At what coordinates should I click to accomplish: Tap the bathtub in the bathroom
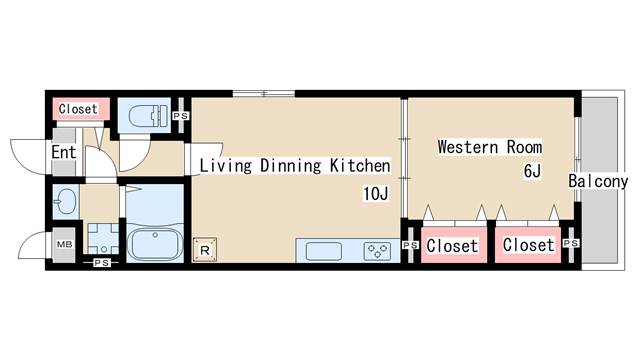[x=155, y=244]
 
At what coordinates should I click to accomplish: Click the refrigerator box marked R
[x=204, y=249]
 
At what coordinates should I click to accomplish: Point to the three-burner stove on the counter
[x=377, y=251]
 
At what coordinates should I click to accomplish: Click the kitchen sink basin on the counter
[x=324, y=251]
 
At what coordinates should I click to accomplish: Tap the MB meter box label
[x=64, y=244]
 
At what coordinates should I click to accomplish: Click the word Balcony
[x=598, y=181]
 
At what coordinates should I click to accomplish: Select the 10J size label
[x=376, y=193]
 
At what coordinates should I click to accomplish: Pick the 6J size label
[x=532, y=171]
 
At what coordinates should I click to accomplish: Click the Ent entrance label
[x=64, y=152]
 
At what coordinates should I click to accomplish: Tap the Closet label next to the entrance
[x=78, y=109]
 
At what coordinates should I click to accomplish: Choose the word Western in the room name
[x=468, y=147]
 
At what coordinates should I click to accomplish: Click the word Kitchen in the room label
[x=360, y=166]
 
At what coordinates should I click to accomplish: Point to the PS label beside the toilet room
[x=180, y=116]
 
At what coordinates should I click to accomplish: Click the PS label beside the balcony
[x=571, y=243]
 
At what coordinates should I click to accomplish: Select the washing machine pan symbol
[x=103, y=239]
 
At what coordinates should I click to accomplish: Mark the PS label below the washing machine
[x=101, y=263]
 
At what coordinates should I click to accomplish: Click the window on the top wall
[x=264, y=93]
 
